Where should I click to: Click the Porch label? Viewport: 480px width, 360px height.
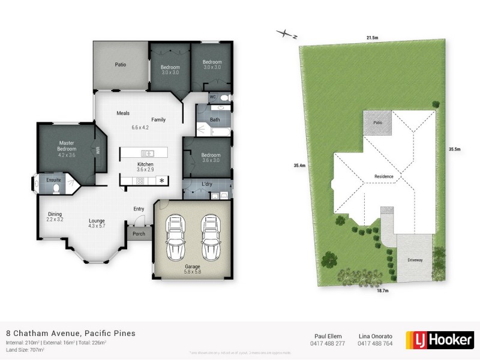[x=139, y=234]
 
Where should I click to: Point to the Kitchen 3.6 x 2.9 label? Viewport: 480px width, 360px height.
[x=145, y=167]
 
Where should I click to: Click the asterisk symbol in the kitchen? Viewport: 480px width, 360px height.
[x=161, y=181]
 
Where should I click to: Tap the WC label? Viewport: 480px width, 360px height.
[x=212, y=97]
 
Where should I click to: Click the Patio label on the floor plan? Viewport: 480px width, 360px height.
[x=120, y=64]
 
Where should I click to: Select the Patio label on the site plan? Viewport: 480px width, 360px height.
[x=377, y=122]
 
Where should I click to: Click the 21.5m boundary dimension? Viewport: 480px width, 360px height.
[x=372, y=38]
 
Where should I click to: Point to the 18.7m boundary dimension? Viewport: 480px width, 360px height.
[x=382, y=290]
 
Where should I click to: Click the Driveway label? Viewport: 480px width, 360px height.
[x=415, y=260]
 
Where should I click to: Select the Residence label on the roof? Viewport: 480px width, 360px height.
[x=384, y=176]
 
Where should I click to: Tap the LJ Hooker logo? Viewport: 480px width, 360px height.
[x=439, y=339]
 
